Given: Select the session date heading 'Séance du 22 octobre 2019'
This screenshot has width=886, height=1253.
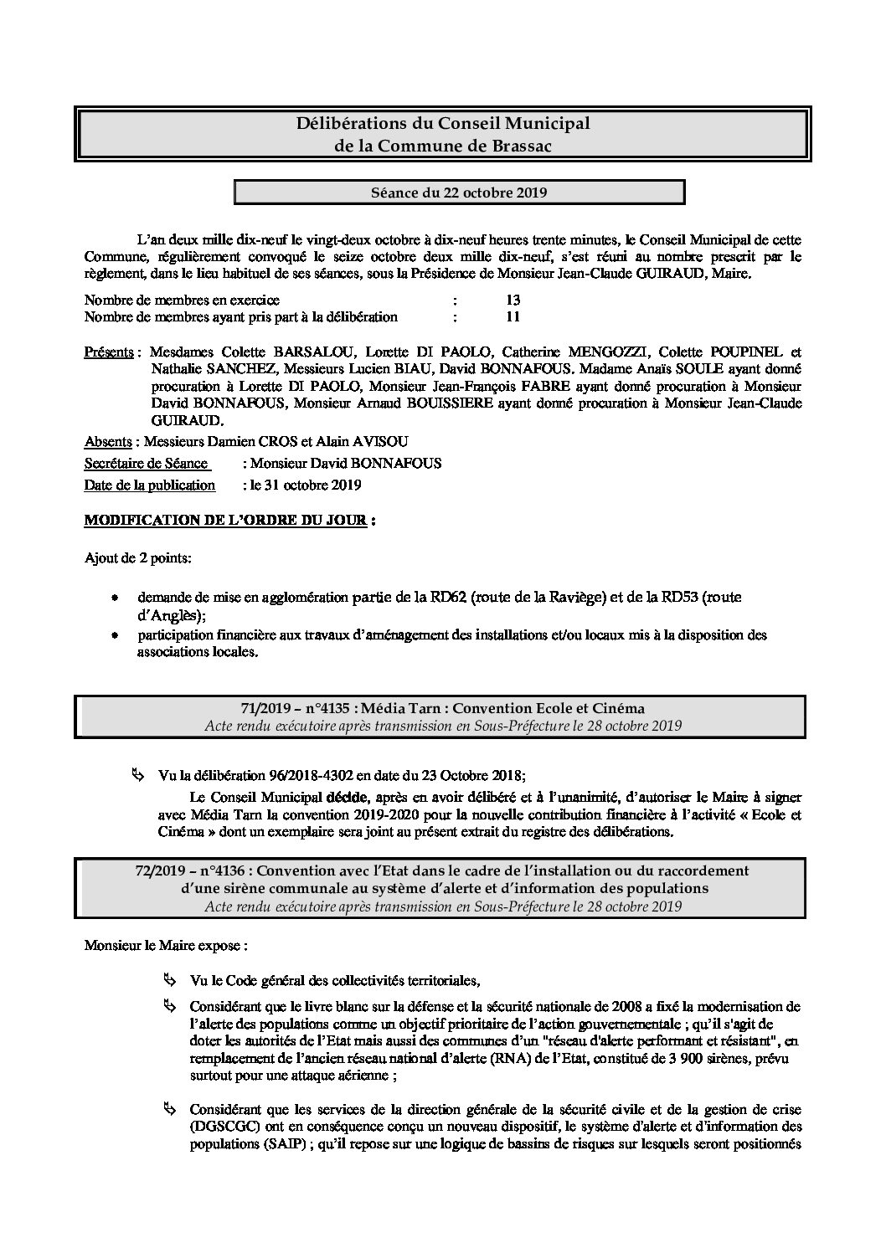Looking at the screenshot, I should click(x=459, y=193).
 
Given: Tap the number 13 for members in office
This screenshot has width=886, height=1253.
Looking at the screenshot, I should click(x=513, y=300).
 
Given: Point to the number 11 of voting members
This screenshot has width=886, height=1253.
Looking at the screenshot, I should click(x=513, y=316).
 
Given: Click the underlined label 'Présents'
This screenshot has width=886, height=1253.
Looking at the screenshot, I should click(x=109, y=352).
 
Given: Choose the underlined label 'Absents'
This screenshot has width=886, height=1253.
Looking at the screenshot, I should click(x=108, y=441).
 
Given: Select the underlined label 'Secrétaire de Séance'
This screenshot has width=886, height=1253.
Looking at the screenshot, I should click(x=147, y=463).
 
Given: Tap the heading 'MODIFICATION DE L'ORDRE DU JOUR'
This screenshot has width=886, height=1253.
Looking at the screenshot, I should click(x=225, y=520).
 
